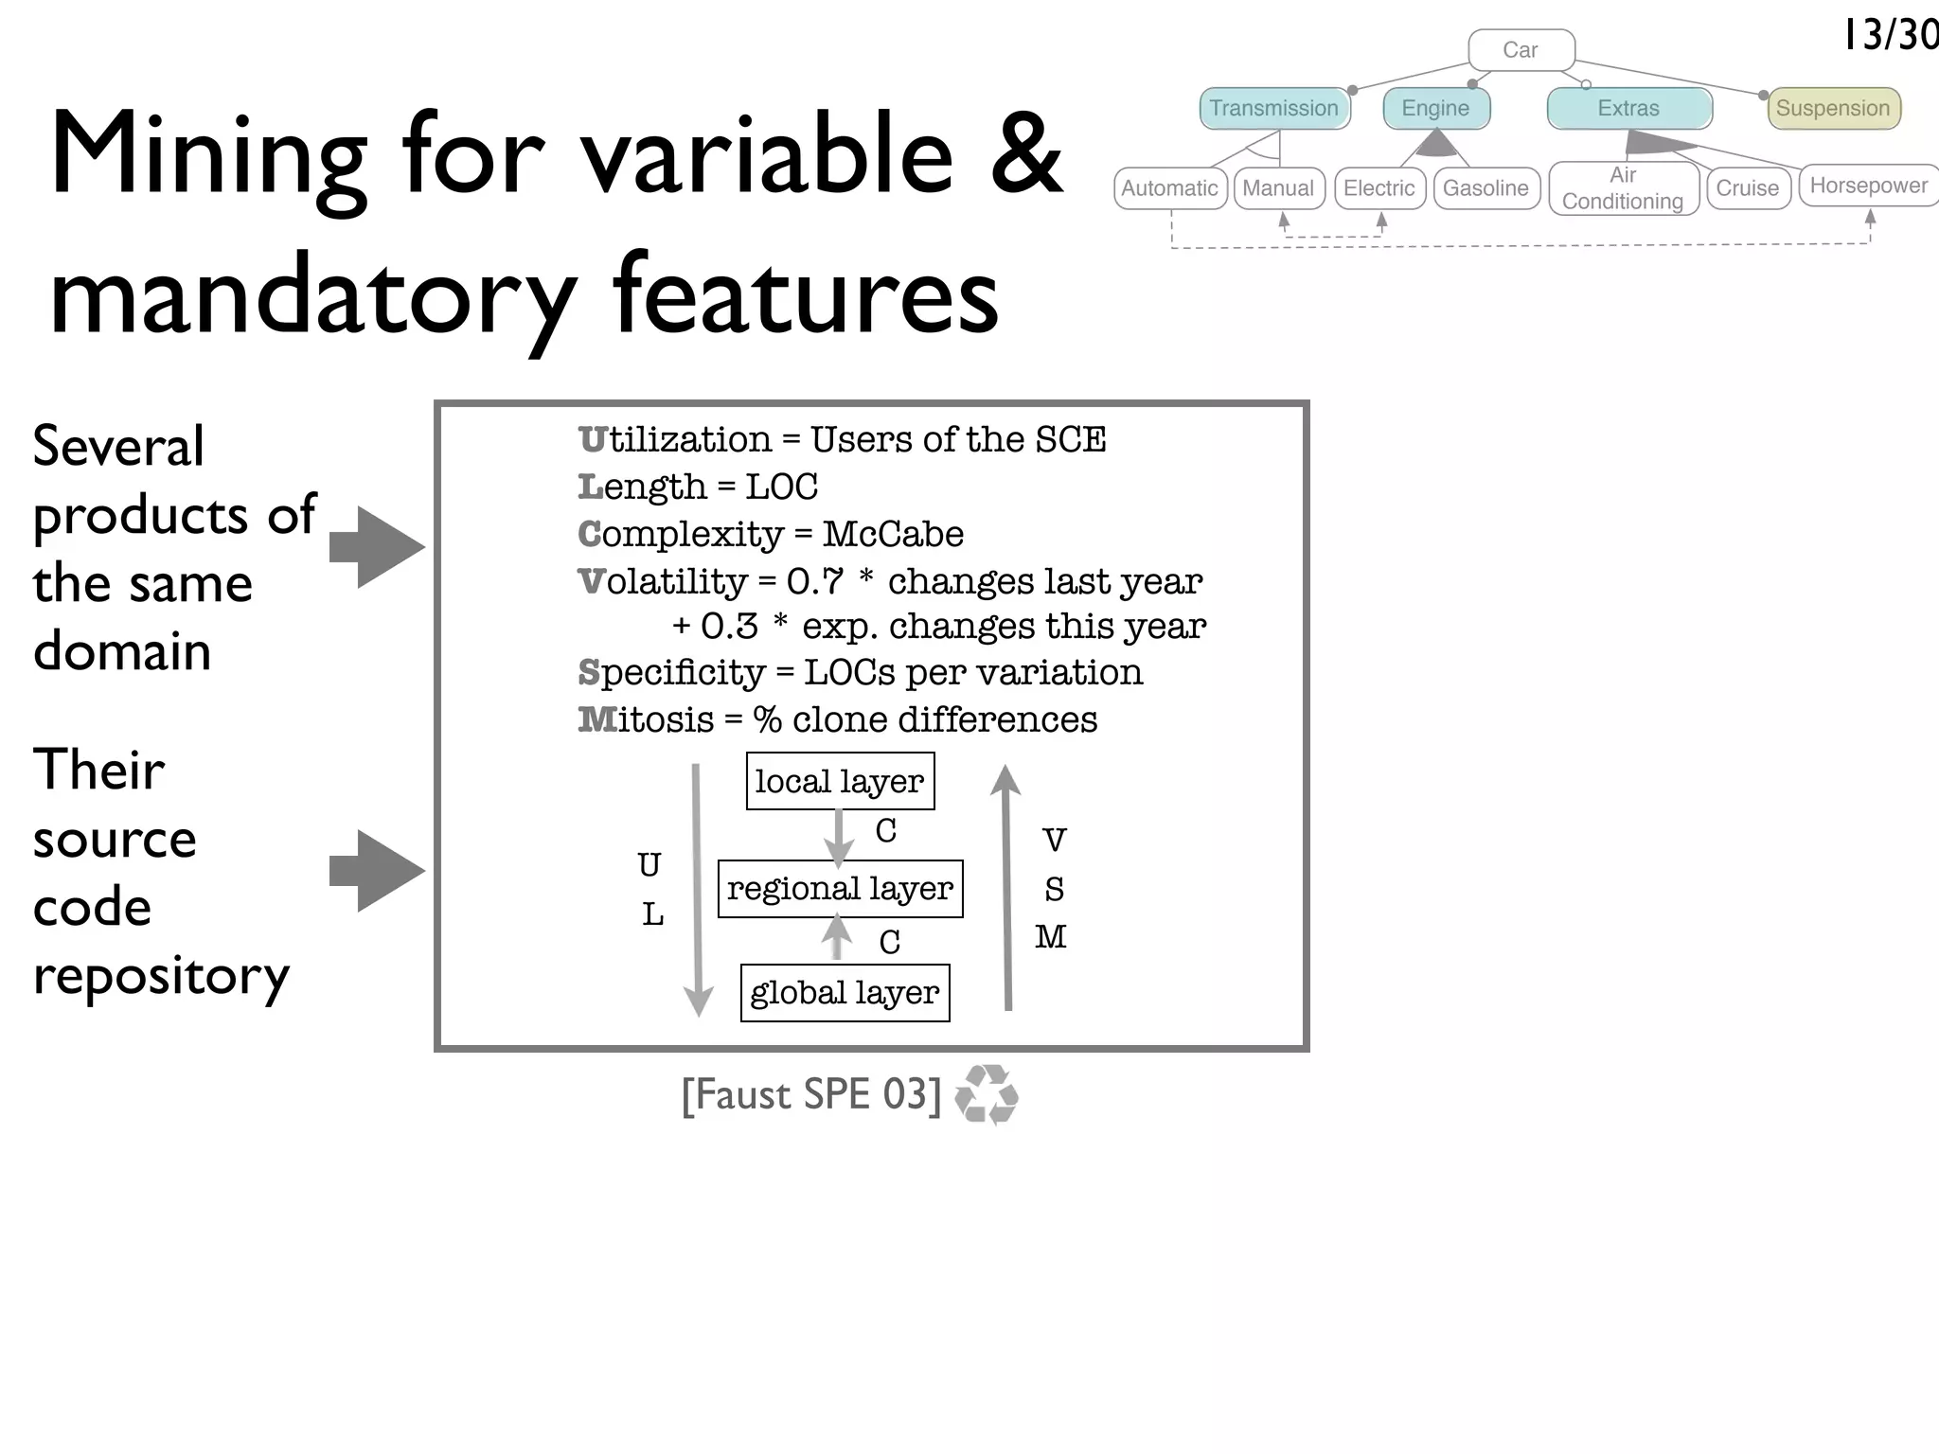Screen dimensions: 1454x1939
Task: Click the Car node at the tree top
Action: point(1521,50)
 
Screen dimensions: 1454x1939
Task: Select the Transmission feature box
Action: point(1273,108)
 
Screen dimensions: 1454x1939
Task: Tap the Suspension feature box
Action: point(1833,108)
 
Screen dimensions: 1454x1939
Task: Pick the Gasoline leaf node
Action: point(1485,188)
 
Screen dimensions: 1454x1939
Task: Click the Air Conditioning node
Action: point(1623,188)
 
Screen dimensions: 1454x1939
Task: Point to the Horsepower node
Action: point(1868,186)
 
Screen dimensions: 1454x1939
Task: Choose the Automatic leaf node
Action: point(1169,188)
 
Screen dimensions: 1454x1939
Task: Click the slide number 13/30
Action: point(1889,36)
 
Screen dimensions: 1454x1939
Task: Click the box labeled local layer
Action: point(840,782)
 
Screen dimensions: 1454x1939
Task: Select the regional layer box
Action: point(840,889)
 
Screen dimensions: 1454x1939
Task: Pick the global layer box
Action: point(845,993)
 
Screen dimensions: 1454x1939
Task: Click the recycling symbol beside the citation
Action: point(987,1095)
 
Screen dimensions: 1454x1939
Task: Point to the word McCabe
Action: point(892,535)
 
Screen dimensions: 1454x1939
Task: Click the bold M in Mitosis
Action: point(596,720)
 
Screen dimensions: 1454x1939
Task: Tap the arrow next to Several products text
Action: point(377,547)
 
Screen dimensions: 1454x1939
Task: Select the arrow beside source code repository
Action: point(377,871)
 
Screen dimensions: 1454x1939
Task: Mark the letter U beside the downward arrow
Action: point(649,865)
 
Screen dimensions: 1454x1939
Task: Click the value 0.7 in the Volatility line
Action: point(814,582)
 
